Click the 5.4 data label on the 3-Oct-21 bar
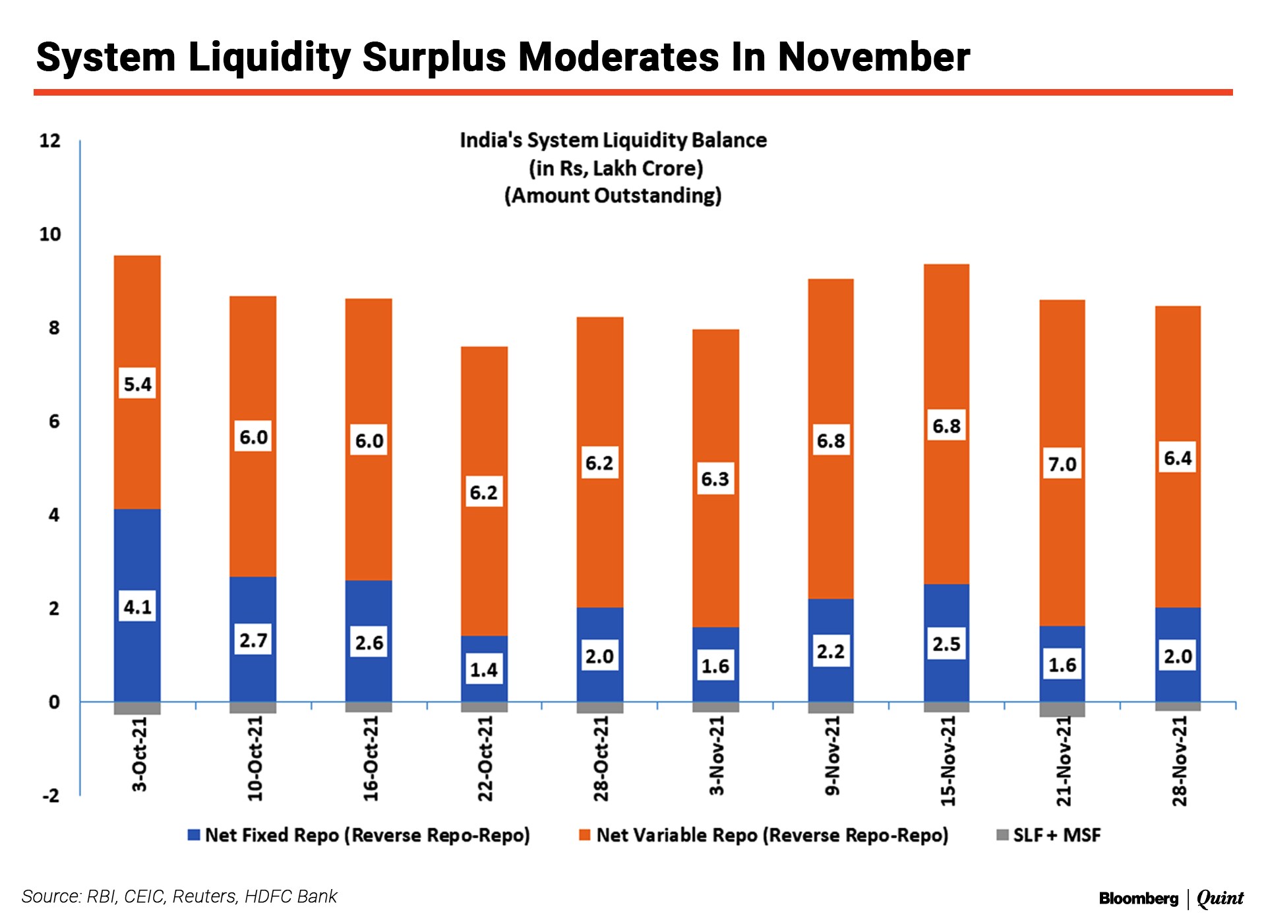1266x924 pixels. point(137,384)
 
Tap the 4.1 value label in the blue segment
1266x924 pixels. point(137,607)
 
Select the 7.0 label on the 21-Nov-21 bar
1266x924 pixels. point(1062,464)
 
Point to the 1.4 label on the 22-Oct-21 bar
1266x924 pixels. point(483,670)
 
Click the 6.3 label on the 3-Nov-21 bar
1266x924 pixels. point(715,479)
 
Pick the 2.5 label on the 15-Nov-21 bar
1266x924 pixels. point(946,644)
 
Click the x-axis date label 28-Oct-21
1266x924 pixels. point(601,758)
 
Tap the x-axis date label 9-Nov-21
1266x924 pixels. point(832,755)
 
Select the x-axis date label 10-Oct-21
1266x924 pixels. point(255,758)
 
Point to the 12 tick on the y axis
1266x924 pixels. point(50,140)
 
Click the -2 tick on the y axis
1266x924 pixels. point(50,795)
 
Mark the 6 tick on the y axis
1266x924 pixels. point(54,421)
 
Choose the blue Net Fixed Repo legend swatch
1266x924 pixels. point(194,835)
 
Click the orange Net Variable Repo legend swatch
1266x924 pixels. point(584,835)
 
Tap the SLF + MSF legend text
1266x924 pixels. point(1056,835)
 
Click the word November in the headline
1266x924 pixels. point(874,57)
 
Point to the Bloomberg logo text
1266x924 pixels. point(1138,898)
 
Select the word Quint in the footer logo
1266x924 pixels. point(1220,898)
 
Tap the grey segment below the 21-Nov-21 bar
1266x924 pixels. point(1062,709)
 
